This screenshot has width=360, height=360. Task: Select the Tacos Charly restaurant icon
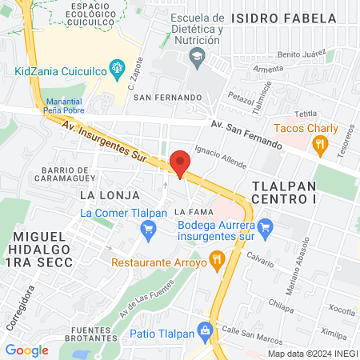click(320, 144)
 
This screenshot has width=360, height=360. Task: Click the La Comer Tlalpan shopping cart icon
click(147, 231)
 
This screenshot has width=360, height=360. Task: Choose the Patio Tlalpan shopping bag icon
click(206, 330)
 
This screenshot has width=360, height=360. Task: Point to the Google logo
click(26, 350)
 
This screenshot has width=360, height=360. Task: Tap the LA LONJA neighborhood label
click(110, 194)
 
